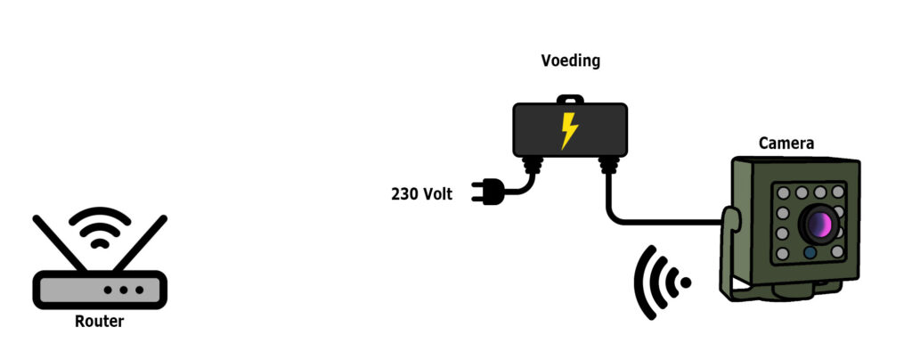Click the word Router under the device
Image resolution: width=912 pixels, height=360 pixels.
point(100,322)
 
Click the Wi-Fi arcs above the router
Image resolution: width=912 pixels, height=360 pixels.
point(100,227)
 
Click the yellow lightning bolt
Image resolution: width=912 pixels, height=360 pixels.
point(569,130)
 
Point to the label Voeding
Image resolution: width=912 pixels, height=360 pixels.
point(571,61)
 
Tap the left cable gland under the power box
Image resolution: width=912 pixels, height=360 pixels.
point(533,164)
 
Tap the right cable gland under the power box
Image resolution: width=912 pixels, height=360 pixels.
point(609,164)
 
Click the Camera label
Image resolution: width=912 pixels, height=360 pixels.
point(786,143)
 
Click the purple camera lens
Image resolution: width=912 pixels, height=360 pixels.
point(818,223)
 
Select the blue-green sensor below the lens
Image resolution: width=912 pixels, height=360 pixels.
point(810,253)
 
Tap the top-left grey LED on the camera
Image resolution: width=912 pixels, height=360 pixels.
point(783,192)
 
